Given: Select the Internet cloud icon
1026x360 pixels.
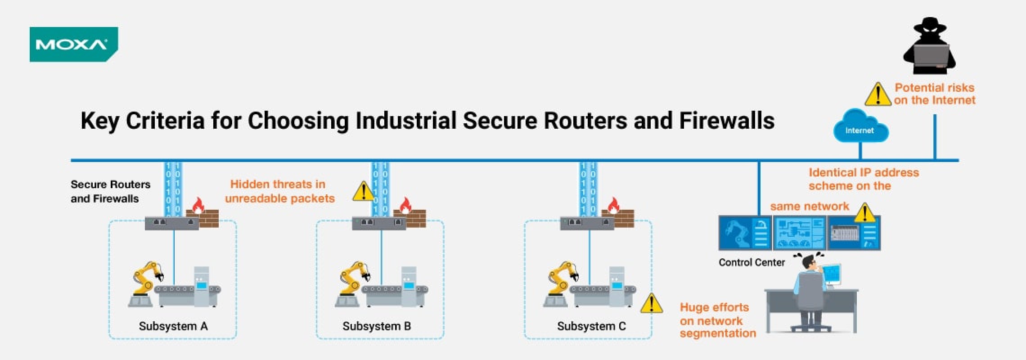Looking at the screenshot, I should coord(860,127).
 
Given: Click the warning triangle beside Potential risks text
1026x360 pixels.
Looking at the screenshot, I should coord(877,95).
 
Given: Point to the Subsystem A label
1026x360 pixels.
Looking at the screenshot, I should coord(173,326).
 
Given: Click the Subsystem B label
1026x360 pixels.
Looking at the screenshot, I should coord(377,326).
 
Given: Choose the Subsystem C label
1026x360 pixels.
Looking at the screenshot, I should coord(591,326).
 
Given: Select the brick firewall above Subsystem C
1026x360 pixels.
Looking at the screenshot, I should coord(624,220).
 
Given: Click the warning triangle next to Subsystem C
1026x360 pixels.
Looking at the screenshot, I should coord(651,304).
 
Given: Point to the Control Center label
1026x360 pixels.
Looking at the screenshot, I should coord(751,262).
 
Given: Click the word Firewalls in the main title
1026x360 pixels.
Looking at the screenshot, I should coord(726,121).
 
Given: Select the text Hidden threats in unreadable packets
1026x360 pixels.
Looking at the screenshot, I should coord(279,191).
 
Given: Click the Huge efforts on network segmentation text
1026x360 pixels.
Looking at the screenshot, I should coord(717,320).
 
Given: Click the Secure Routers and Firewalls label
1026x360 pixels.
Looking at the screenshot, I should coord(110,191).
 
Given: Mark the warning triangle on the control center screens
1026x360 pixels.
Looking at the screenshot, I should coord(864,213).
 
